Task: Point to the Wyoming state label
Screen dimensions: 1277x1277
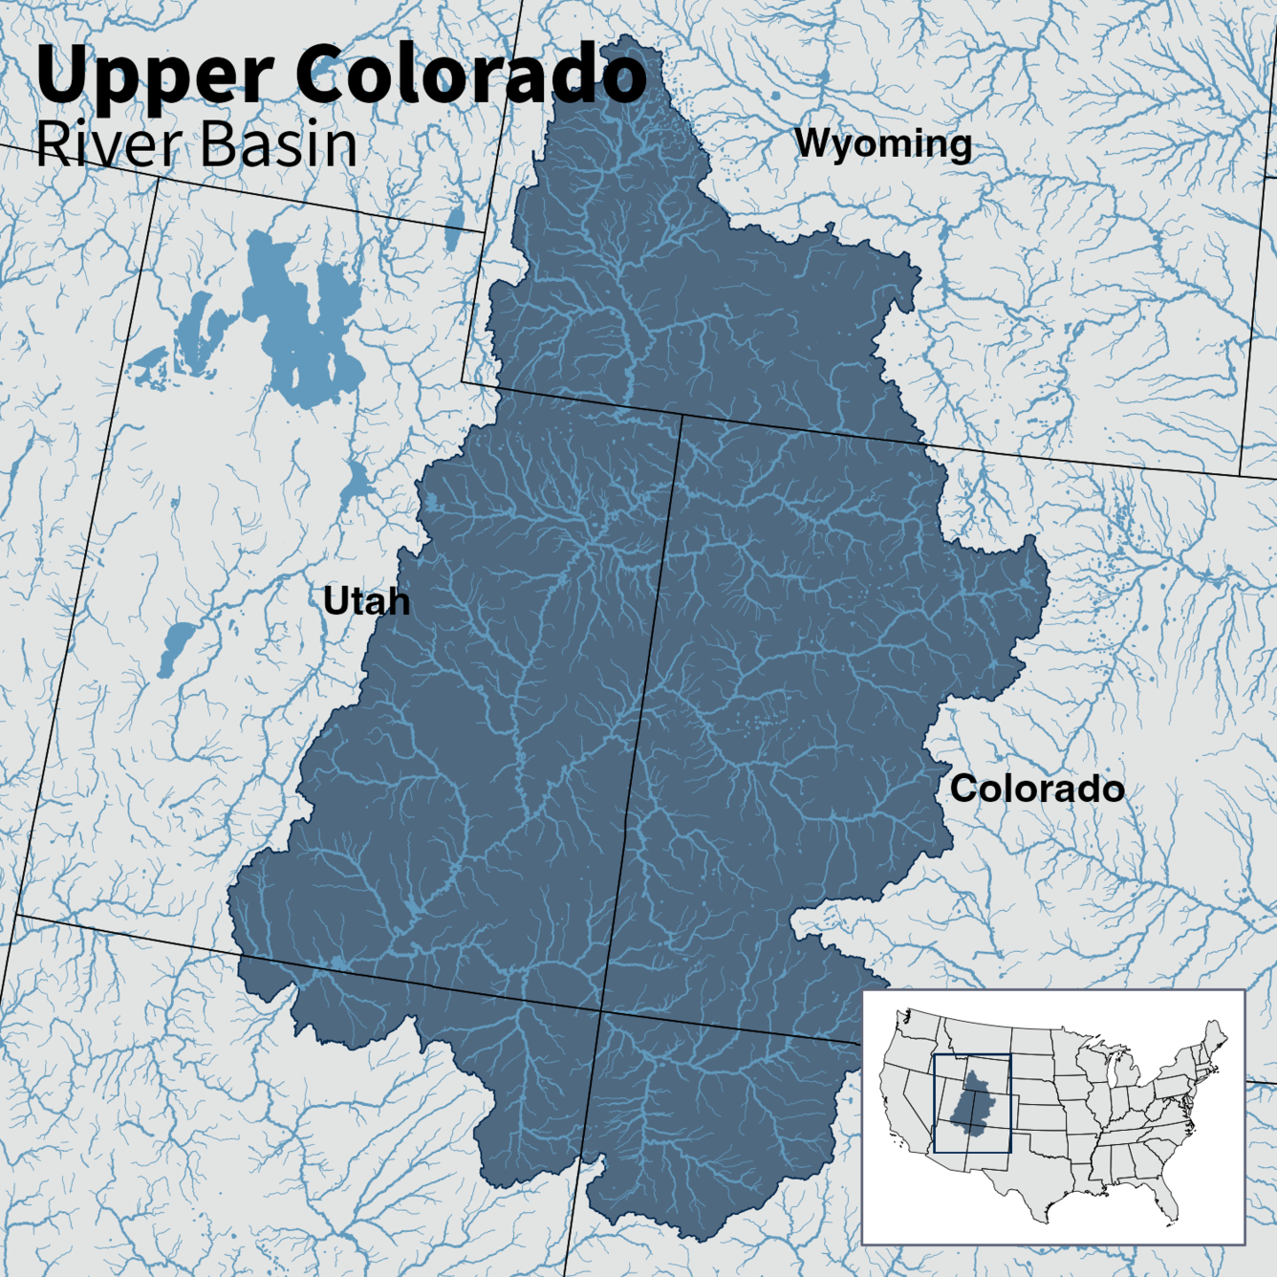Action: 883,143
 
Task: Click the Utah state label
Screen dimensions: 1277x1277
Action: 366,601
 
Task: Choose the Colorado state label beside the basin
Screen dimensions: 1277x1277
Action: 1037,789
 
